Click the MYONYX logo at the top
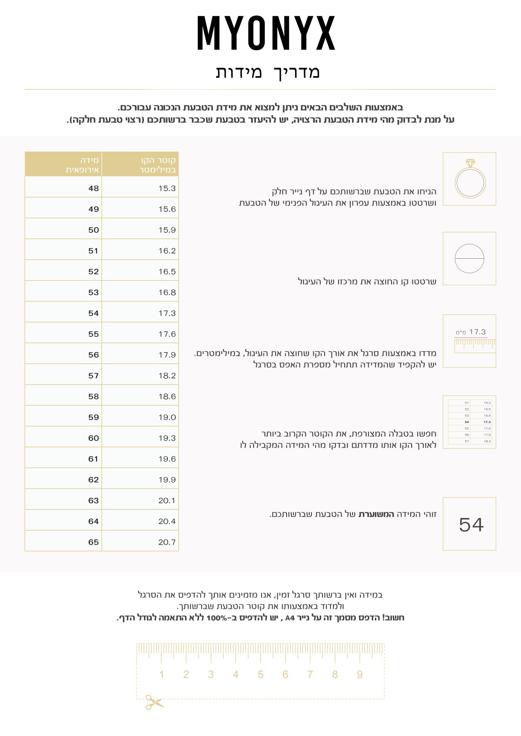coord(266,33)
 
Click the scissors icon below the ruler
coord(154,702)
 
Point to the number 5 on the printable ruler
coord(260,674)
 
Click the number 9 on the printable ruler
coord(360,674)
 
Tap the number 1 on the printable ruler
coord(161,674)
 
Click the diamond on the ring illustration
coord(470,163)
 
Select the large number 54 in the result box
coord(471,525)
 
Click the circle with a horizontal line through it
coord(469,259)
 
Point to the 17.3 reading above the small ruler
coord(477,332)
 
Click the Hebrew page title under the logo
coord(267,72)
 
